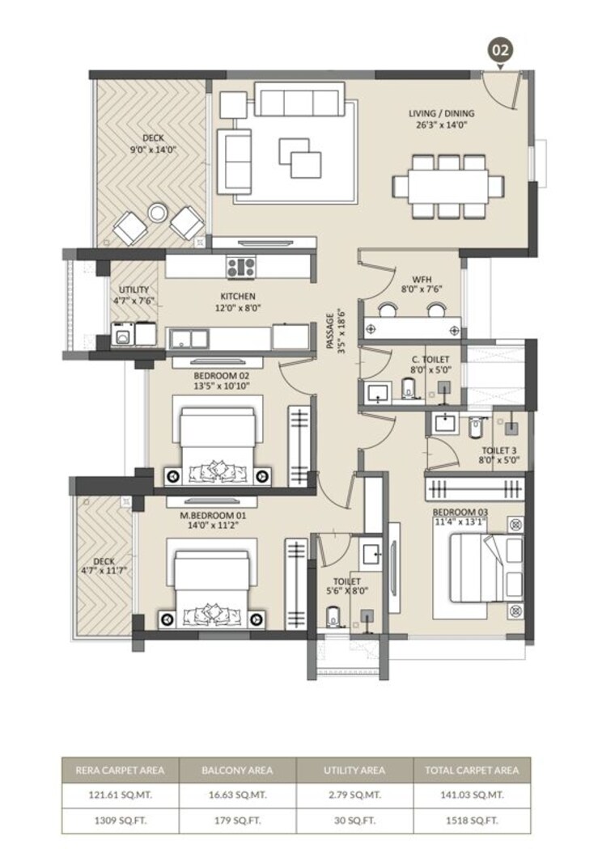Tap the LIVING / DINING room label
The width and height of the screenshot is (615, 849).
[441, 114]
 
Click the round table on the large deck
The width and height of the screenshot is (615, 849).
[158, 213]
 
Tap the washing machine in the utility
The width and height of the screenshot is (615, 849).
[123, 333]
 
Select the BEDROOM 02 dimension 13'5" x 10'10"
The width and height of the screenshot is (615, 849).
[222, 386]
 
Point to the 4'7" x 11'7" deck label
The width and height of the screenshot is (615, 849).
[104, 571]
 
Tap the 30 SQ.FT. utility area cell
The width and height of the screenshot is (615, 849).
[354, 820]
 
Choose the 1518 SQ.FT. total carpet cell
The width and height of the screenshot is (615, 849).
[472, 820]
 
